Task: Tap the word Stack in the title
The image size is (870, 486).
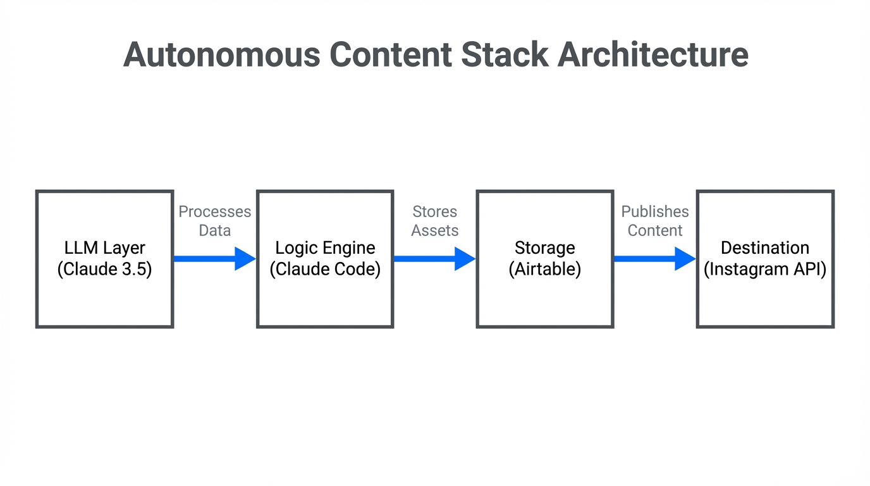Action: [x=505, y=54]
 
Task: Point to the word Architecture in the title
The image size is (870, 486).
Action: [x=652, y=54]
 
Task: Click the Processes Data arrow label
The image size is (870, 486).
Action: [x=214, y=221]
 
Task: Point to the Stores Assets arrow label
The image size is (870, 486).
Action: [x=434, y=221]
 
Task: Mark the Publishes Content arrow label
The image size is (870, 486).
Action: [x=655, y=221]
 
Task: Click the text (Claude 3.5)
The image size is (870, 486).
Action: [x=104, y=270]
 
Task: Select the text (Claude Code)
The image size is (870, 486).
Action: [x=325, y=270]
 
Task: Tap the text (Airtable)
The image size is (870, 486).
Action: [x=545, y=270]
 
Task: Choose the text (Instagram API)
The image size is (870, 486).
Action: [x=765, y=270]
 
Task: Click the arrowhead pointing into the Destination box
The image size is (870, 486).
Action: [x=685, y=259]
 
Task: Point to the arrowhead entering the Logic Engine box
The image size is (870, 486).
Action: [x=245, y=259]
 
